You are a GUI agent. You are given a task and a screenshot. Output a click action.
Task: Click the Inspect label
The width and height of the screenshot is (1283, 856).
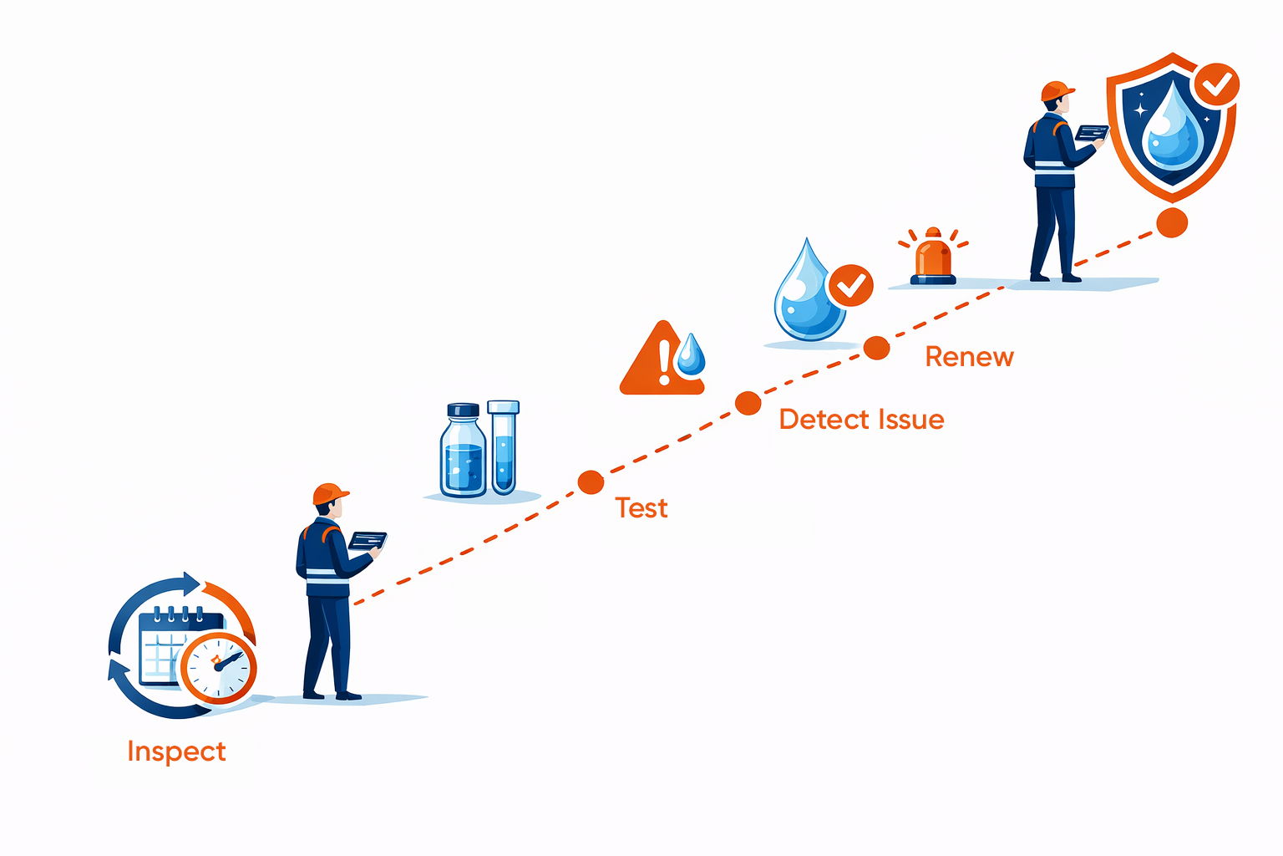176,752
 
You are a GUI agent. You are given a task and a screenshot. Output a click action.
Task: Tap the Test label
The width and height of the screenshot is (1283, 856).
641,508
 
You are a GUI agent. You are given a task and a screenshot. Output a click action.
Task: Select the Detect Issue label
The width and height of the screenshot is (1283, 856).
861,420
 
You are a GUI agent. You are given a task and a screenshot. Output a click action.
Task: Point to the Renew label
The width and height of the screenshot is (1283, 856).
969,357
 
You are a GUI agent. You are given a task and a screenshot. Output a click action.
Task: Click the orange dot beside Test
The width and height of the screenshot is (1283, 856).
591,482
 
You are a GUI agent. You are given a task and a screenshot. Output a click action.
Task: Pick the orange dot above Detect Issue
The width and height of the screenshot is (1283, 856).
748,404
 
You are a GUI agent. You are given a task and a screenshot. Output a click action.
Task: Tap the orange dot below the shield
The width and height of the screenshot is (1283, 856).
1172,223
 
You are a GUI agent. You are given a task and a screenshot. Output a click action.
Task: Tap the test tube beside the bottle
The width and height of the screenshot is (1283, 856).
503,447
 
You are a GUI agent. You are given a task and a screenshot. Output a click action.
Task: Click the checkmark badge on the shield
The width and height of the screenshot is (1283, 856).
1215,84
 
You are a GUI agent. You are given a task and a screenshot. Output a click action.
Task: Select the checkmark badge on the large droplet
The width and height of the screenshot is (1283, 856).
850,287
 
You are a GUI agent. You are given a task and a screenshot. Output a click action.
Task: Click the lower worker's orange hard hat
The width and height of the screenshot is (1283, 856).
330,494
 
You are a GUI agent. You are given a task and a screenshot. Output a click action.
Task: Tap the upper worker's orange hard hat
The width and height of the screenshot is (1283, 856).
1057,91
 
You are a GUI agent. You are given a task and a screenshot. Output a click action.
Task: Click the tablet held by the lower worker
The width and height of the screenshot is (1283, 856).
368,540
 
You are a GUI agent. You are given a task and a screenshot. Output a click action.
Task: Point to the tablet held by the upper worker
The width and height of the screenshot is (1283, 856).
1092,132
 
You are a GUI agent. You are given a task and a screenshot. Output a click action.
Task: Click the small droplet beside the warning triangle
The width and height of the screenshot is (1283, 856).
691,354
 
